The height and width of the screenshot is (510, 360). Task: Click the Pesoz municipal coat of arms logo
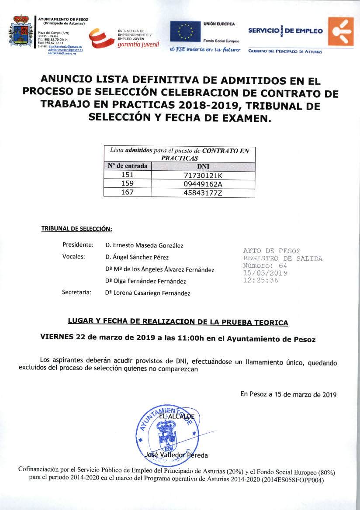(21, 31)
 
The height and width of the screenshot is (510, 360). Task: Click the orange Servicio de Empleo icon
(341, 31)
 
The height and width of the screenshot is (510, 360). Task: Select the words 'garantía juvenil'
(138, 45)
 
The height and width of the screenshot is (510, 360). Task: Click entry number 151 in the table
(127, 175)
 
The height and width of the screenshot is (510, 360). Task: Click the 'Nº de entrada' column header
(128, 166)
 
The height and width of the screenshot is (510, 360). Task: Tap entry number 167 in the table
(127, 193)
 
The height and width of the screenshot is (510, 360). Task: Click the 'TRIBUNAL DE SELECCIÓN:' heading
(76, 229)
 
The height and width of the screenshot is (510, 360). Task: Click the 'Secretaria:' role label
(76, 293)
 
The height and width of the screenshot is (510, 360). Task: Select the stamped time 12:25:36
(260, 280)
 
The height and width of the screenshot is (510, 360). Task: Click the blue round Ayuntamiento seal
(165, 432)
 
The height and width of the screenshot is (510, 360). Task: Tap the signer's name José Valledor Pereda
(176, 455)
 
